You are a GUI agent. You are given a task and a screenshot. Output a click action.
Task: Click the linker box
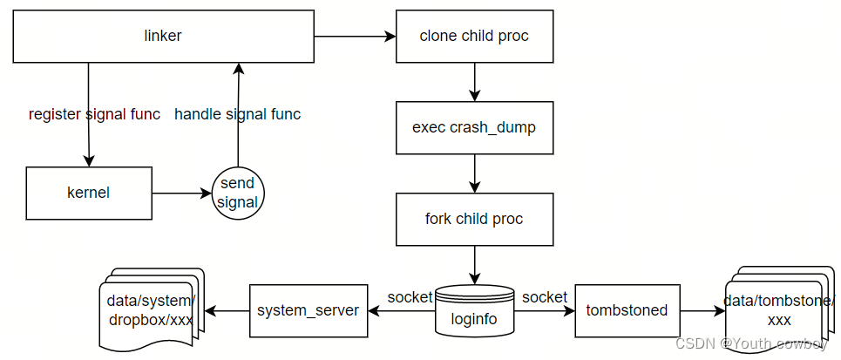162,36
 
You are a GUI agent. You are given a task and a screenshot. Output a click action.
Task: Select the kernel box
88,193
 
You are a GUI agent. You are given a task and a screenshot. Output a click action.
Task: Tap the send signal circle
238,194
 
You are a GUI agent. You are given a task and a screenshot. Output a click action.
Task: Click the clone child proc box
474,36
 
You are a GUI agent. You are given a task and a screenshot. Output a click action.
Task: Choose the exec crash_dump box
474,127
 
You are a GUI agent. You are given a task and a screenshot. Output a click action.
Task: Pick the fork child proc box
474,219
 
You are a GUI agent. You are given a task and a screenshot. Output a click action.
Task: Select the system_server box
308,310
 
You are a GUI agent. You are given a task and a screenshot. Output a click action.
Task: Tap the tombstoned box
627,310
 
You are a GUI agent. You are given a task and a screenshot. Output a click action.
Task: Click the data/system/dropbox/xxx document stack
150,310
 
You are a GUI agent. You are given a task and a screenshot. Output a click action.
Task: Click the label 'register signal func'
94,114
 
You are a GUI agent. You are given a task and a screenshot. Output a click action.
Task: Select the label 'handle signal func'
238,114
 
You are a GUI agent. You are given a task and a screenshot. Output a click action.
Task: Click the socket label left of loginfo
410,297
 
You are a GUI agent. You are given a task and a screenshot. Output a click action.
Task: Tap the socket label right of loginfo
545,297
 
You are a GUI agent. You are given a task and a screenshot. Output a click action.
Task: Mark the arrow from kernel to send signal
180,193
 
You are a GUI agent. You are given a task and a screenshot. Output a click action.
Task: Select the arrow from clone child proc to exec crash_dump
474,82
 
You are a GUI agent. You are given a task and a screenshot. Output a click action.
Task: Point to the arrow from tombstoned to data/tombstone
702,310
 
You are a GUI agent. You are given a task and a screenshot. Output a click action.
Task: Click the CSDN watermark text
751,344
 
